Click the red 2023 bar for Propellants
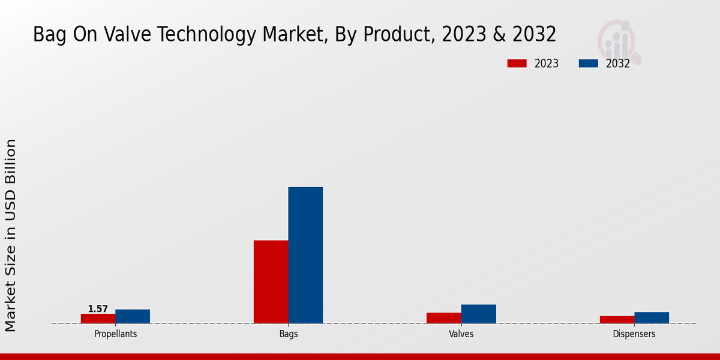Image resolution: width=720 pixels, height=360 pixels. (x=98, y=319)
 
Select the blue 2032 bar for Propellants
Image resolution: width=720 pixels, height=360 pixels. (x=133, y=316)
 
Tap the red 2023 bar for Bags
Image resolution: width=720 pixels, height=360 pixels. (x=271, y=281)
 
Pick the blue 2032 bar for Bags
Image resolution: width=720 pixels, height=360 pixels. (x=305, y=255)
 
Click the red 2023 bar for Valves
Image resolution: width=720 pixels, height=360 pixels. (x=444, y=318)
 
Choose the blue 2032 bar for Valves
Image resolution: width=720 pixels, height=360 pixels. (x=479, y=314)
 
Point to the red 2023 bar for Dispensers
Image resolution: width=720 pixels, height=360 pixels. (x=617, y=320)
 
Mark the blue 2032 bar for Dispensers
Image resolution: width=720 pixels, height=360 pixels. (x=652, y=317)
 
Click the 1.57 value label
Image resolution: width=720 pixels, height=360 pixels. (x=98, y=309)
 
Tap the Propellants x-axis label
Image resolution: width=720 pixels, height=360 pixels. (x=115, y=334)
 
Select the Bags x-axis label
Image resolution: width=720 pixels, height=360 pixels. (x=288, y=334)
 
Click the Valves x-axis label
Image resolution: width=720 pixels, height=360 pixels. (x=461, y=334)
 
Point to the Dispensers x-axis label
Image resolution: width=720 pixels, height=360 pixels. (x=634, y=334)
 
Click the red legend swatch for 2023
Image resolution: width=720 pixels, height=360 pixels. (x=517, y=64)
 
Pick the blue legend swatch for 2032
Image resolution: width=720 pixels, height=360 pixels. (x=588, y=64)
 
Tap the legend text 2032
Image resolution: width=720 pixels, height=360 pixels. (x=617, y=64)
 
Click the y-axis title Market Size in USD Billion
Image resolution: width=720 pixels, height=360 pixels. (x=11, y=235)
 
